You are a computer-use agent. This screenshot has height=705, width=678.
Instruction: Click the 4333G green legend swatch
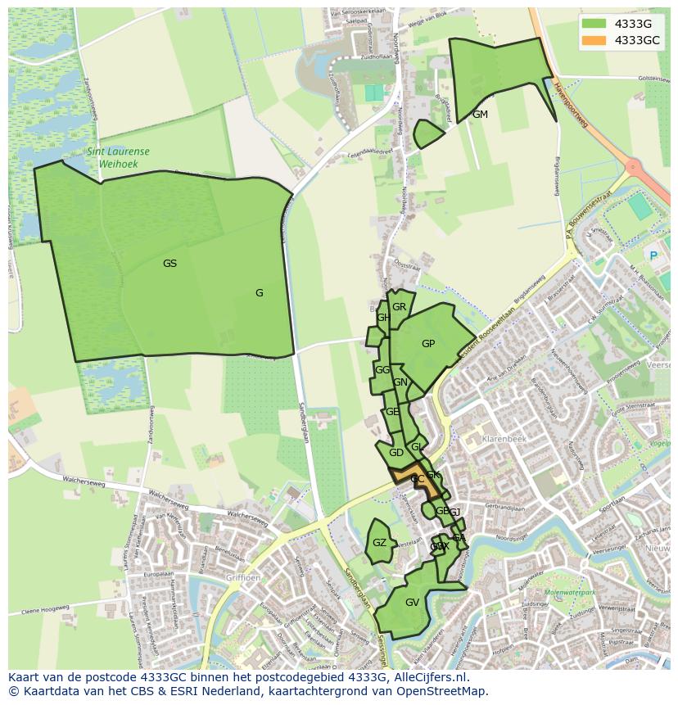pos(595,23)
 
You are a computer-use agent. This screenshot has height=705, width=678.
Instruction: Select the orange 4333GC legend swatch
pos(595,40)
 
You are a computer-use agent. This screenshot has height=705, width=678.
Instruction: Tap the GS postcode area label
pos(169,264)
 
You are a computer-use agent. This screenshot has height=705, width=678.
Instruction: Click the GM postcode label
pos(480,115)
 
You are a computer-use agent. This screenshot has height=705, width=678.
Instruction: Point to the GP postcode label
pos(428,344)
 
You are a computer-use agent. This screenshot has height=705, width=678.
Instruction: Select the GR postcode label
pos(399,307)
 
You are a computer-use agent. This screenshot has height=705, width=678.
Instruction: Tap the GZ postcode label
pos(379,543)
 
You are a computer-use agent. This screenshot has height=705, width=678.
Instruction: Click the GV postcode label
pos(412,603)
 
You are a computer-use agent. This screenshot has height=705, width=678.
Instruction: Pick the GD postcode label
pos(395,453)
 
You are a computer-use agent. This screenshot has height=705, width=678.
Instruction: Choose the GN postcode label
pos(400,382)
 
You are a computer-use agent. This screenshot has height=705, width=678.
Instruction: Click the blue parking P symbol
pos(653,255)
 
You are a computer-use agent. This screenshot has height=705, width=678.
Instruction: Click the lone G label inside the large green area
pos(259,293)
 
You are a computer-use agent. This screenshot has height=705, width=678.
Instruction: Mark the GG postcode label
pos(382,370)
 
